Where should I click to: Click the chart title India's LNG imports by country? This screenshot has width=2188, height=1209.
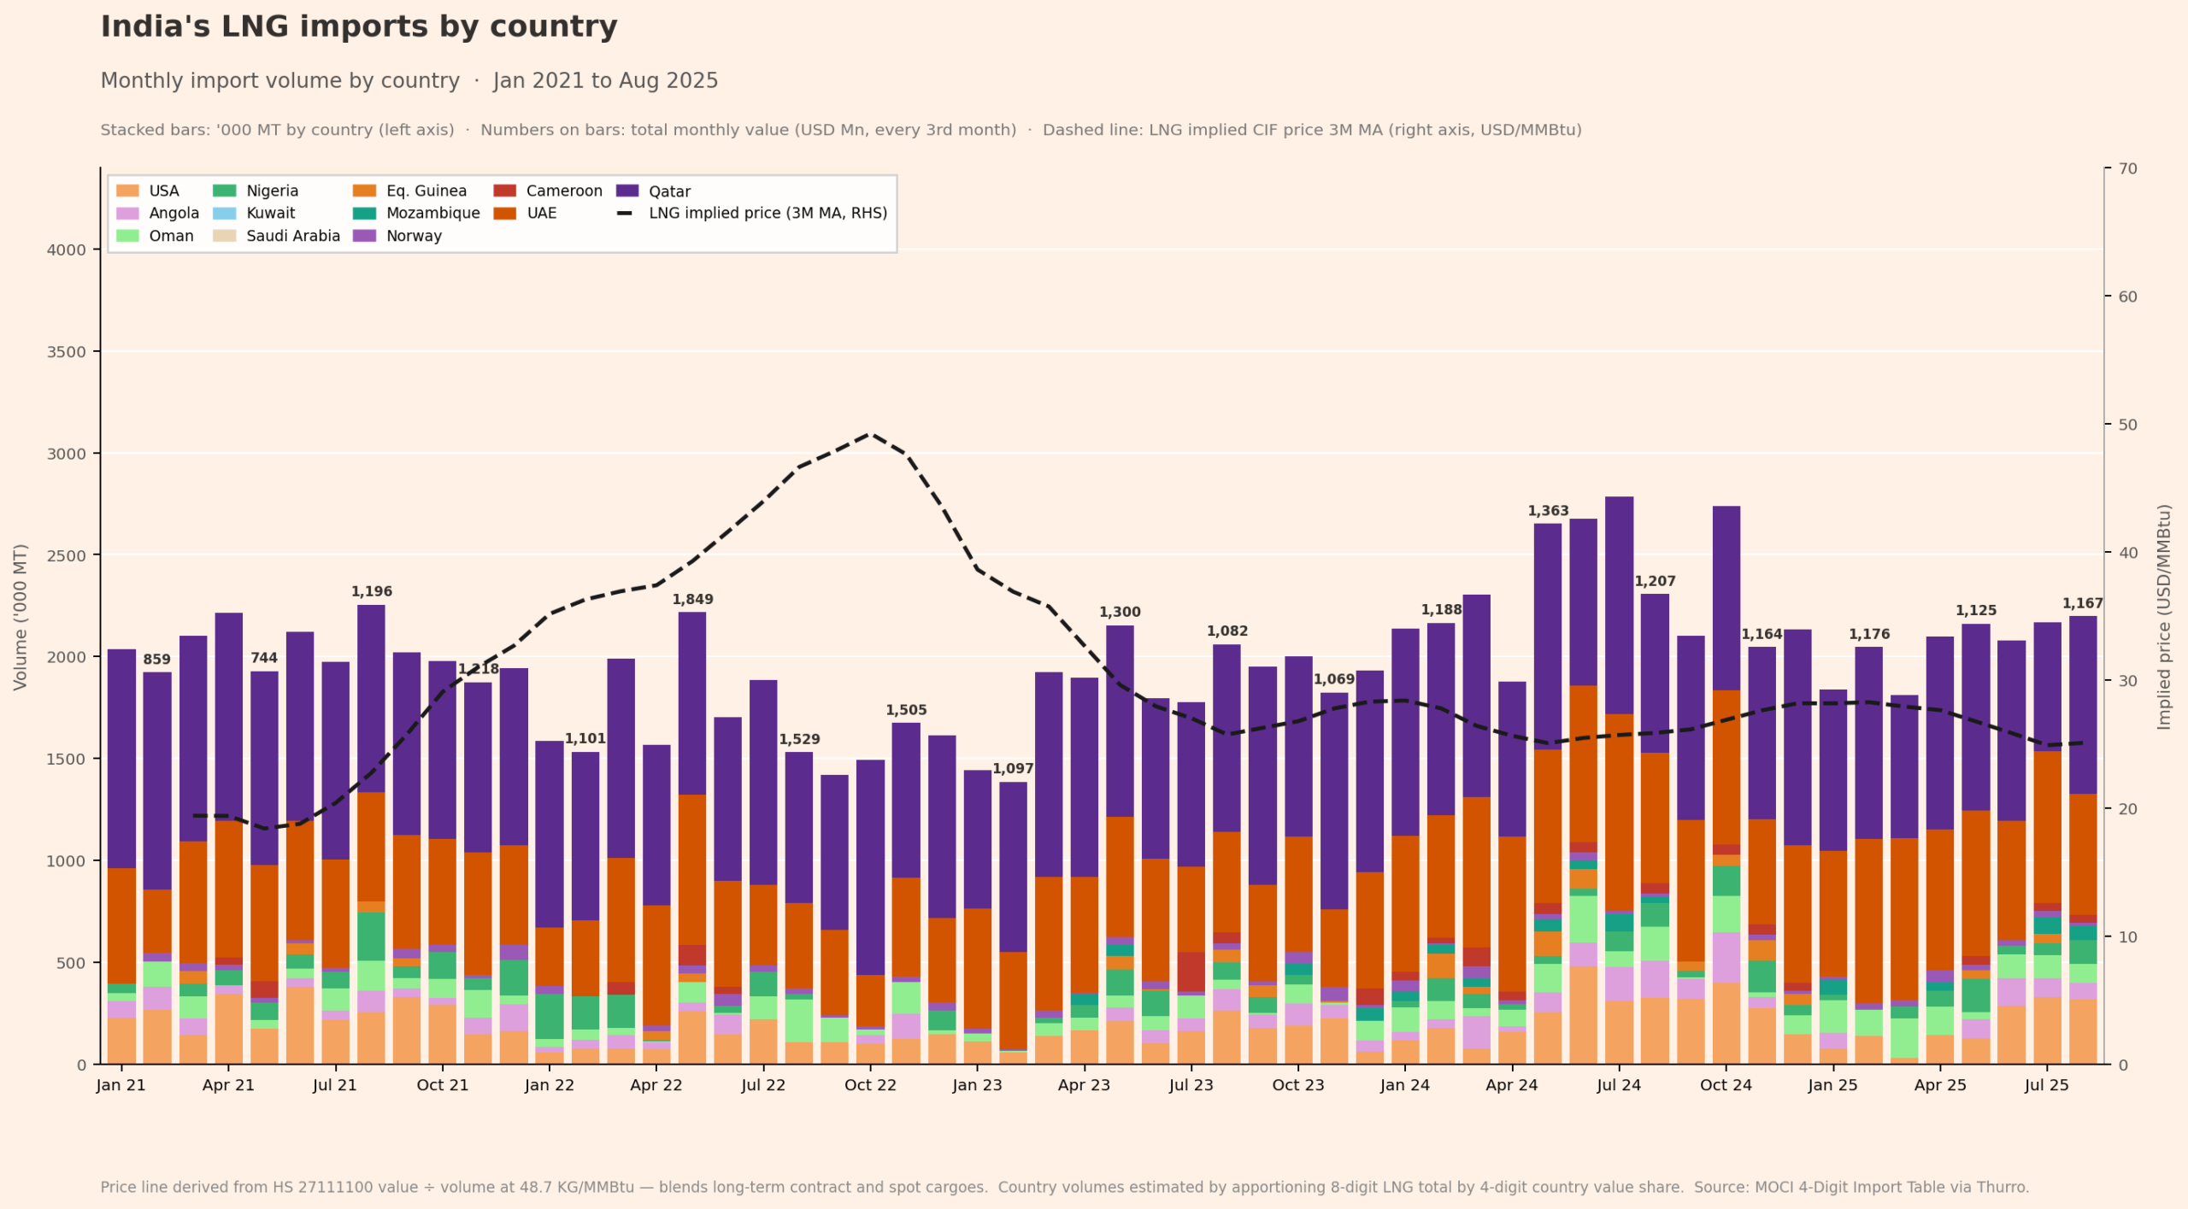pyautogui.click(x=359, y=27)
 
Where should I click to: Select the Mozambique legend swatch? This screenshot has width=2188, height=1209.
pyautogui.click(x=364, y=214)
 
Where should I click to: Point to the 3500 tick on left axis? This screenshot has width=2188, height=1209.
pyautogui.click(x=67, y=352)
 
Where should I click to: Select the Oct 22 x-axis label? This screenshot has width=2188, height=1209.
pyautogui.click(x=870, y=1085)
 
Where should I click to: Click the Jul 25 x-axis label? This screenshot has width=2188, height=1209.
pyautogui.click(x=2046, y=1085)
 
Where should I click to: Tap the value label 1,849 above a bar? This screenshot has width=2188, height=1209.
pyautogui.click(x=692, y=600)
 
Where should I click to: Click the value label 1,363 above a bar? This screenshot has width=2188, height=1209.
pyautogui.click(x=1548, y=511)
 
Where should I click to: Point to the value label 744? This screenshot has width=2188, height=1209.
pyautogui.click(x=264, y=658)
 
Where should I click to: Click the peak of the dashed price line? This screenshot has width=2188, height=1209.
pyautogui.click(x=870, y=434)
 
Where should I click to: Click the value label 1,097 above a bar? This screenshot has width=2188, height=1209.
pyautogui.click(x=1013, y=769)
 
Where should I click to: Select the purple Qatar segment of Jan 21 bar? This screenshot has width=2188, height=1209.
pyautogui.click(x=121, y=759)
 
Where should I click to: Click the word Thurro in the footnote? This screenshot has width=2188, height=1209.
pyautogui.click(x=2003, y=1187)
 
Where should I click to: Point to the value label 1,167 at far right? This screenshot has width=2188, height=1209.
pyautogui.click(x=2082, y=604)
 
